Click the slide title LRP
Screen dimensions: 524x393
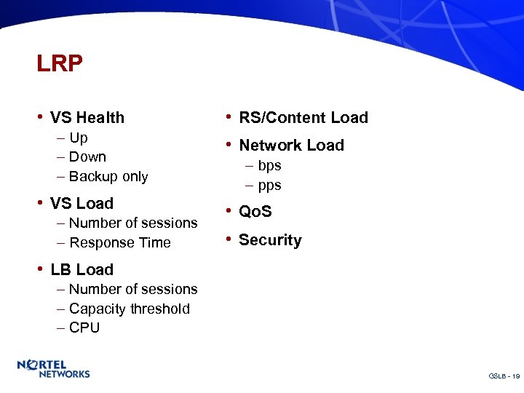(60, 64)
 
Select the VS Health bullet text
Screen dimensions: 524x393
(87, 118)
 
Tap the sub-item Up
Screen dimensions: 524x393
(79, 138)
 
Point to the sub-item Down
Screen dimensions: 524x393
(87, 156)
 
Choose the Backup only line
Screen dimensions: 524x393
(108, 176)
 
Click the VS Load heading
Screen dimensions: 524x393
(82, 204)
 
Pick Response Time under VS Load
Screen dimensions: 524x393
(120, 242)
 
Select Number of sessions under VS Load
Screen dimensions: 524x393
(133, 223)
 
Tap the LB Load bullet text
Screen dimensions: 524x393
(82, 270)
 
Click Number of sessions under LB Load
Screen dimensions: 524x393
(133, 289)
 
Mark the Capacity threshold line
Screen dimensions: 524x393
(130, 309)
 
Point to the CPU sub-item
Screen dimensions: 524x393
(84, 327)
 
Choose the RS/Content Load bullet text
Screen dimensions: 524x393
(303, 118)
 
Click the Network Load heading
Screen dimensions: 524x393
(291, 146)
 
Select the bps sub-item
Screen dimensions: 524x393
(269, 166)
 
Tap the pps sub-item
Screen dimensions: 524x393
(269, 185)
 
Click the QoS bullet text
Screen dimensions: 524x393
(255, 212)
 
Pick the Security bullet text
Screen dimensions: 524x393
(270, 240)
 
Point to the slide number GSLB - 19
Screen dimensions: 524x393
(504, 376)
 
